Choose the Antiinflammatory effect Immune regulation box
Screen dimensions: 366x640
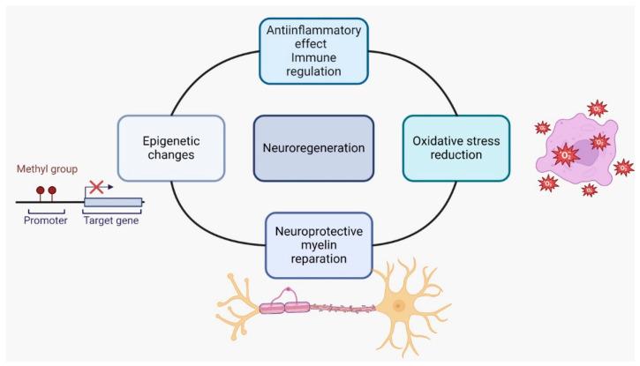click(313, 50)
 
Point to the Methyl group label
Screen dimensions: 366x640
click(45, 168)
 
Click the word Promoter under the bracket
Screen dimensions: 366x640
click(45, 220)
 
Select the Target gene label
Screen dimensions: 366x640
click(110, 220)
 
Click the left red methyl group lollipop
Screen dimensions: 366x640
click(40, 190)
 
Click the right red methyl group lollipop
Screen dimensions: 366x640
click(52, 190)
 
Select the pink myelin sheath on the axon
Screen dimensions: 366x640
click(283, 309)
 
